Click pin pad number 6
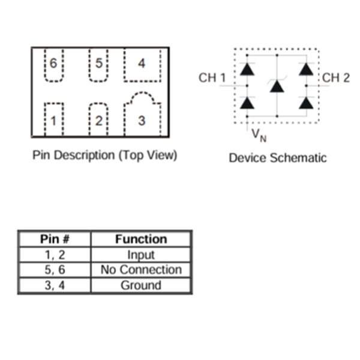pyautogui.click(x=54, y=64)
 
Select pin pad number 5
pyautogui.click(x=98, y=64)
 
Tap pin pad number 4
pyautogui.click(x=142, y=64)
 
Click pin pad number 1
pyautogui.click(x=54, y=120)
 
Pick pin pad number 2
pyautogui.click(x=98, y=120)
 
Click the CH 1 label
pyautogui.click(x=212, y=78)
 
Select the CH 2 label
pyautogui.click(x=336, y=78)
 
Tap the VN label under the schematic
pyautogui.click(x=259, y=135)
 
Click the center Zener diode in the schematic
pyautogui.click(x=277, y=86)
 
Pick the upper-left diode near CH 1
pyautogui.click(x=247, y=69)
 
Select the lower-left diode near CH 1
pyautogui.click(x=247, y=103)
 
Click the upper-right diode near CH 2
pyautogui.click(x=307, y=69)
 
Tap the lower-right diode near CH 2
pyautogui.click(x=307, y=103)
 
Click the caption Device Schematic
pyautogui.click(x=278, y=158)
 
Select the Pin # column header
pyautogui.click(x=54, y=239)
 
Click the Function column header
pyautogui.click(x=141, y=239)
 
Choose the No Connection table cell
pyautogui.click(x=141, y=270)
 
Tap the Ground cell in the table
pyautogui.click(x=141, y=286)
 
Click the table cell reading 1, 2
pyautogui.click(x=54, y=255)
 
